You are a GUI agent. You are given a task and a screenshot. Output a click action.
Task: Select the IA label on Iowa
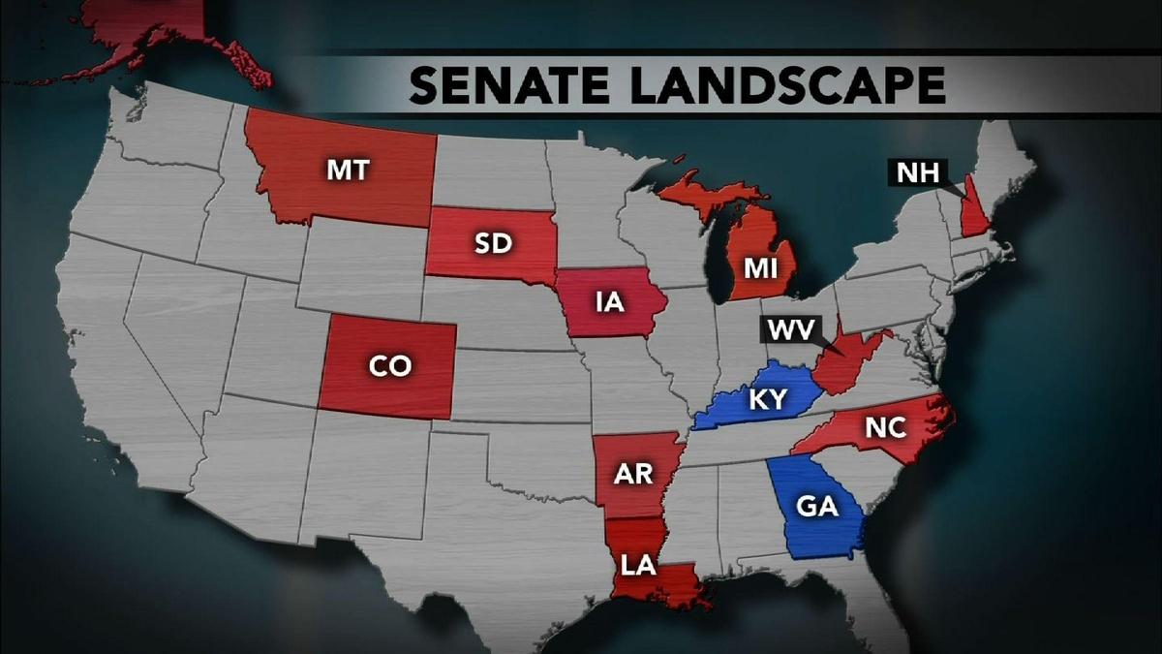609,301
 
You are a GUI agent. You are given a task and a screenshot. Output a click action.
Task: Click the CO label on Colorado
389,365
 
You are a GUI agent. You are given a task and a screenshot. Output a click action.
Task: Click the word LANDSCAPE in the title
785,84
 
